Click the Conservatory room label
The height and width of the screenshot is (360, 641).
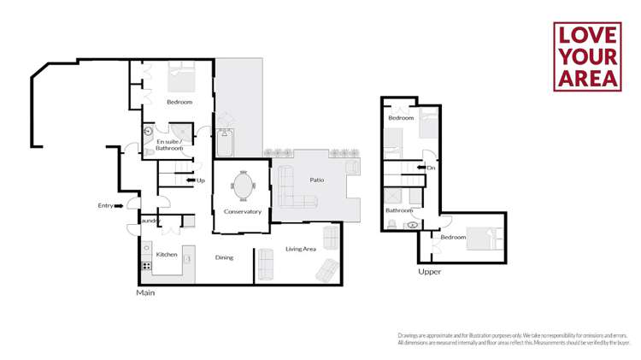(242, 211)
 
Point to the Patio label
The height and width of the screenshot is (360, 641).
(305, 180)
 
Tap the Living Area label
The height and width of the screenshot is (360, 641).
(301, 249)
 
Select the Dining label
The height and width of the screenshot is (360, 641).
(224, 257)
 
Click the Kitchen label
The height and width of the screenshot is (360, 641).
(167, 254)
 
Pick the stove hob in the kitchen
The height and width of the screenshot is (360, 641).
(146, 266)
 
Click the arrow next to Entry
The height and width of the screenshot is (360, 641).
(119, 205)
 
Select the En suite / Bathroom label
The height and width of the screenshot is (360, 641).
(168, 145)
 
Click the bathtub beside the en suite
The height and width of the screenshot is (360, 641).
(225, 143)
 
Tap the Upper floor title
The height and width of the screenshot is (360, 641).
(429, 272)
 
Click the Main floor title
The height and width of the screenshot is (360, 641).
(145, 292)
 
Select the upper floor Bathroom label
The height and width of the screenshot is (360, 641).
(399, 210)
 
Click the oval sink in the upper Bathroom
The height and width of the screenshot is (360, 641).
(414, 225)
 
